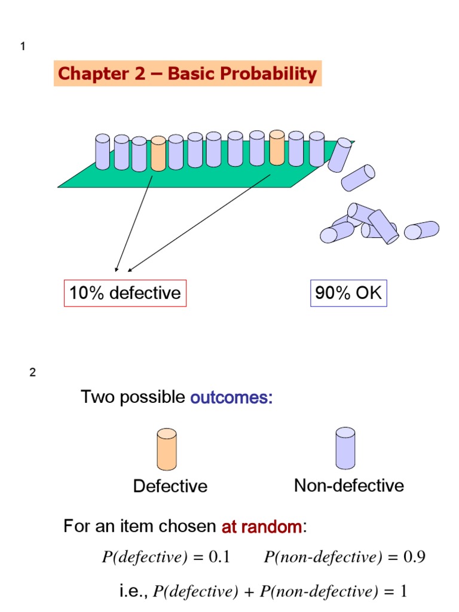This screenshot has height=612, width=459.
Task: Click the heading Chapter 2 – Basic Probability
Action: pos(188,74)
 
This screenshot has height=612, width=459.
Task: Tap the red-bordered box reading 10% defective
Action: pos(125,293)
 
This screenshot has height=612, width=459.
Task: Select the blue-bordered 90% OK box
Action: pos(348,293)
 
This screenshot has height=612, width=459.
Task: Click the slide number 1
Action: pos(23,47)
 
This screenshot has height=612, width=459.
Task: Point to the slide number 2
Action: pos(33,372)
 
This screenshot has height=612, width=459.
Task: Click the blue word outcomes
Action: pos(231,398)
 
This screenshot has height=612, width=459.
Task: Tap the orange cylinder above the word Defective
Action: pos(166,449)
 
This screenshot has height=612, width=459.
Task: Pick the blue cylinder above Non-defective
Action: pos(345,448)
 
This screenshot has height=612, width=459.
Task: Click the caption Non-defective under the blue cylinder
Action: pos(348,485)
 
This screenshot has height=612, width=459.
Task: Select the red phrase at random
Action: pos(262,527)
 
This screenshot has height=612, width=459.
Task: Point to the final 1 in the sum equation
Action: pos(403,592)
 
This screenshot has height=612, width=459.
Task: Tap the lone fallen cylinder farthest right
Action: pos(421,230)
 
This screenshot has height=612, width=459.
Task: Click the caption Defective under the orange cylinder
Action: pos(170,486)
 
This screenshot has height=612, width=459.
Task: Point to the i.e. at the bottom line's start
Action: pos(134,591)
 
